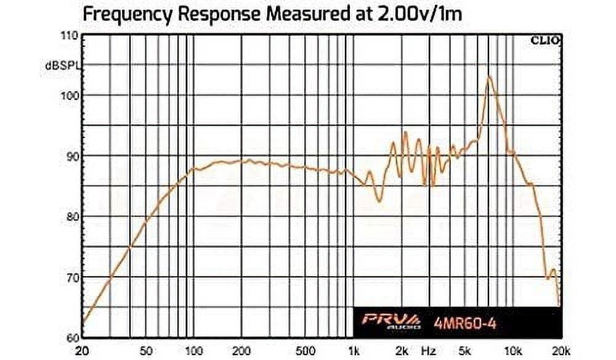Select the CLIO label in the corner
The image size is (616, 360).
click(545, 41)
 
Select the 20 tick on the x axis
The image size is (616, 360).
click(82, 351)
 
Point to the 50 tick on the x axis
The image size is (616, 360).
click(146, 351)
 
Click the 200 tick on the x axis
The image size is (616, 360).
click(241, 351)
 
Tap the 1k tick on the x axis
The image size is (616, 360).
click(353, 351)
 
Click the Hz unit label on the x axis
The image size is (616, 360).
click(429, 351)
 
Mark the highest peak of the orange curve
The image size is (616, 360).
click(489, 76)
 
